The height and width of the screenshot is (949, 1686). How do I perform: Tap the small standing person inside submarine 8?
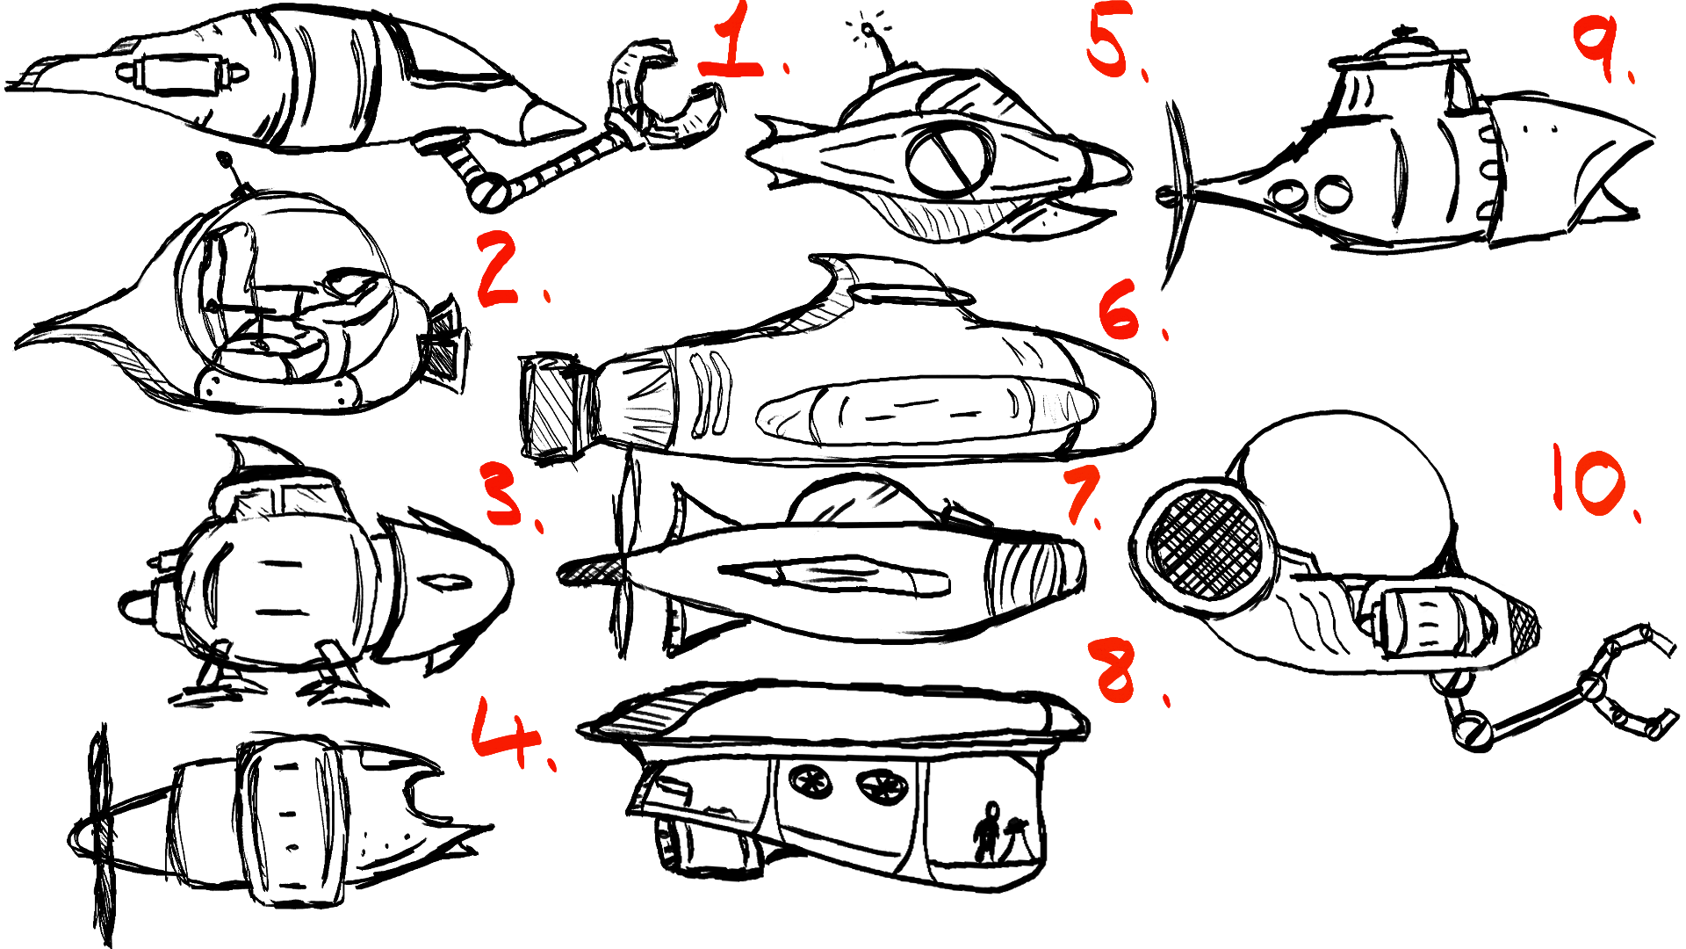(987, 831)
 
